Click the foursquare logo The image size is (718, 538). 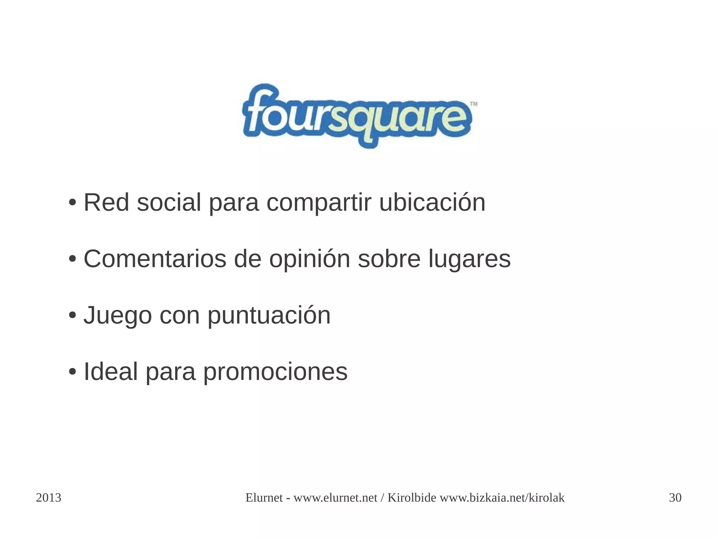(x=357, y=115)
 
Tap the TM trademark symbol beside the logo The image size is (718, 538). (x=473, y=104)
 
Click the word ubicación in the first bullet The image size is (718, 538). (x=432, y=203)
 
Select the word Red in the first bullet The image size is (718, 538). (x=106, y=203)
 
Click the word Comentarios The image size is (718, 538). (x=155, y=259)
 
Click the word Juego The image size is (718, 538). (x=117, y=316)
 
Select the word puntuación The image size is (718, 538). (x=269, y=316)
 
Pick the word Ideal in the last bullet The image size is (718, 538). (x=110, y=372)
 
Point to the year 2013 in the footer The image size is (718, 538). (x=49, y=498)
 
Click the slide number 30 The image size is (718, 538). (x=675, y=498)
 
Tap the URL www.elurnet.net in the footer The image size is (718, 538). (x=335, y=498)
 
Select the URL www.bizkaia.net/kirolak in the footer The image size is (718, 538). (x=502, y=498)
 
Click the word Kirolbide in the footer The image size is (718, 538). (x=412, y=498)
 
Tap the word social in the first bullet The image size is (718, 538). (x=169, y=203)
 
